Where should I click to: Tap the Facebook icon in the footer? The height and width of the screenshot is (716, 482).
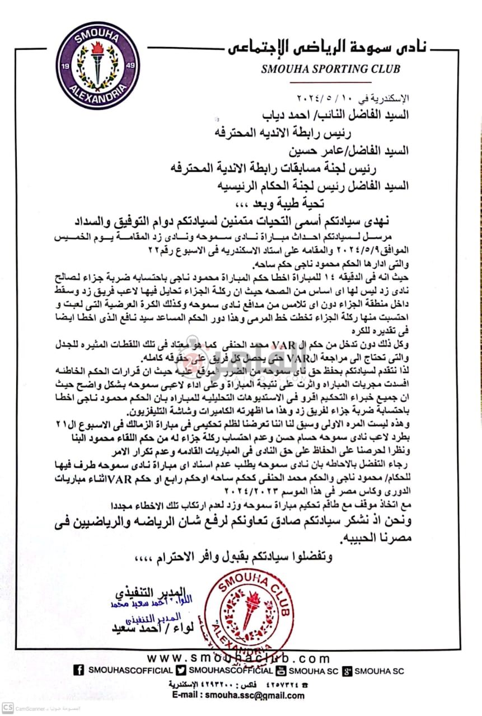coord(79,671)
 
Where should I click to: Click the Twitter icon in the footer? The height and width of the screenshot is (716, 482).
coord(181,671)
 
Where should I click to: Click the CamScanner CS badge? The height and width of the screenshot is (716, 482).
coord(6,709)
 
